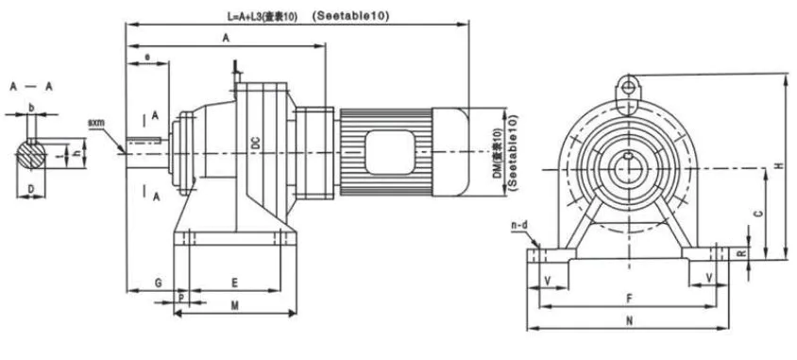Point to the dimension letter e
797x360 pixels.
click(147, 58)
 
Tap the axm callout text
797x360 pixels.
click(96, 123)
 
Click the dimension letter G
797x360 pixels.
click(158, 282)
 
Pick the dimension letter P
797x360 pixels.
click(181, 297)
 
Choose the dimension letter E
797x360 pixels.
click(233, 282)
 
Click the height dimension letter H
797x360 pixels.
click(778, 165)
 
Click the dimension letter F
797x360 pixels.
click(629, 298)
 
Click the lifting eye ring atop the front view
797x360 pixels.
click(626, 87)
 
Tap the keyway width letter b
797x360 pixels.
click(31, 108)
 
